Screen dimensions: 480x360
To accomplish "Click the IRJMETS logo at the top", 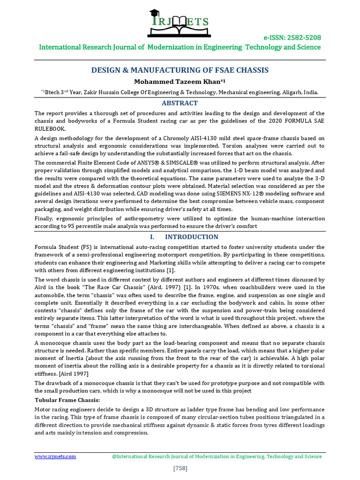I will click(x=180, y=24).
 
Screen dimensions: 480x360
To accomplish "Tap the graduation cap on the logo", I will click(x=155, y=14).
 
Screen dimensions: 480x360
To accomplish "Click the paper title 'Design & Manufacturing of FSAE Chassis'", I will click(x=180, y=70).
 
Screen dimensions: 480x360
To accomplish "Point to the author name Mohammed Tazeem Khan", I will click(x=180, y=82).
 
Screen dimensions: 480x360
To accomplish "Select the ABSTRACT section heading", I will click(x=180, y=103).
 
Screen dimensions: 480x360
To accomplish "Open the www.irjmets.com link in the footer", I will click(x=55, y=456).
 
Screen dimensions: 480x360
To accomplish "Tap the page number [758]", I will click(x=180, y=468).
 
